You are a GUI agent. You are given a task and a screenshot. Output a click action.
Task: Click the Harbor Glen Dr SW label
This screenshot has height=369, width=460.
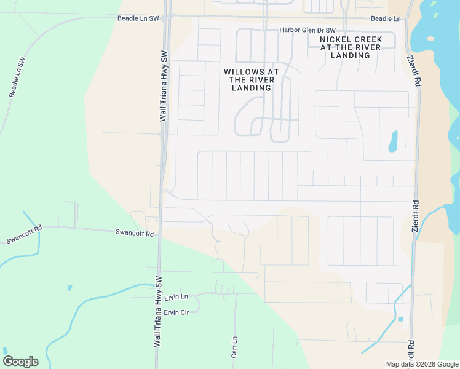click(x=307, y=30)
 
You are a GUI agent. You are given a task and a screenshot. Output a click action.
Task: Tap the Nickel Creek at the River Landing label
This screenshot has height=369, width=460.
click(x=351, y=47)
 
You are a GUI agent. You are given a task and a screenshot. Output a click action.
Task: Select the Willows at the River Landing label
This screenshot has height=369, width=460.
click(x=252, y=80)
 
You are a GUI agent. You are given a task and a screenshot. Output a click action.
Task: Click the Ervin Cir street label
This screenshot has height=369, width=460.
click(x=176, y=312)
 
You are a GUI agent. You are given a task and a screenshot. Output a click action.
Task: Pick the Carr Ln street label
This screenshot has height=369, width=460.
click(x=234, y=347)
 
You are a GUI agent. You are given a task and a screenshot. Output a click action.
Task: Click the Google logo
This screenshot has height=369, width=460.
click(x=20, y=362)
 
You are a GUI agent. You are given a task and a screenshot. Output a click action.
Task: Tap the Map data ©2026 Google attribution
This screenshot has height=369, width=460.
click(x=422, y=364)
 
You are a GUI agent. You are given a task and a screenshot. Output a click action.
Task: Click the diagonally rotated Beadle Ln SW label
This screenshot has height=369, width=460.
click(x=17, y=77)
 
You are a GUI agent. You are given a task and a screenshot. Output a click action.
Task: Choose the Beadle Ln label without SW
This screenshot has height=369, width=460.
click(x=386, y=19)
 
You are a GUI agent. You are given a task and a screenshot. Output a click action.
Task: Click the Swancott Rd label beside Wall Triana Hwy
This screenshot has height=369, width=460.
click(x=134, y=232)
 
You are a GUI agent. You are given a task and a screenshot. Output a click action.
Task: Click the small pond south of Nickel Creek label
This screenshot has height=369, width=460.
click(x=393, y=142)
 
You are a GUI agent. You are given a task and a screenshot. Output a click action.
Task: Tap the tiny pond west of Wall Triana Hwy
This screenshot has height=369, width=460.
click(x=69, y=288)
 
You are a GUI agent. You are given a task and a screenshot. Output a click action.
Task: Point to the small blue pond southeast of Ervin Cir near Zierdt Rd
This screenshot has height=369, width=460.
click(x=400, y=319)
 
